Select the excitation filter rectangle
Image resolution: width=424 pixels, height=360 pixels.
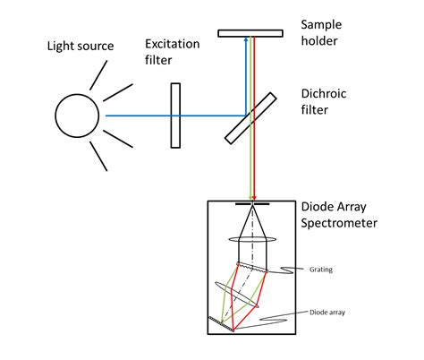(175, 116)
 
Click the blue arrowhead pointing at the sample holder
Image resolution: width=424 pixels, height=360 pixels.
(246, 42)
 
